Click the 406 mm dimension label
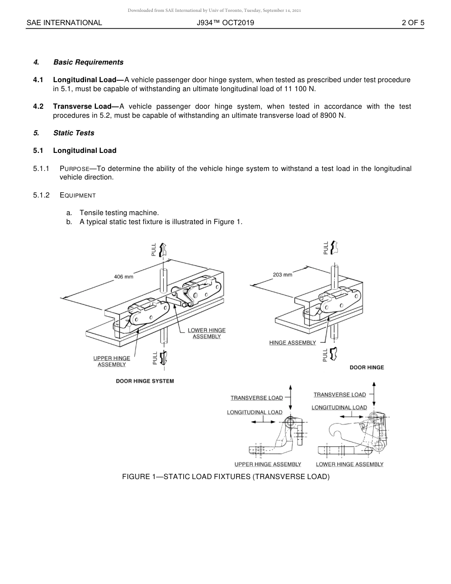pyautogui.click(x=123, y=277)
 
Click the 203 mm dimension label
pyautogui.click(x=282, y=274)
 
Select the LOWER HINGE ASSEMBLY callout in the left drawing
pyautogui.click(x=207, y=333)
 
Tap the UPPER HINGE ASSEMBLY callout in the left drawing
pyautogui.click(x=112, y=361)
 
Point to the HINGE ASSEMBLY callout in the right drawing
pyautogui.click(x=292, y=343)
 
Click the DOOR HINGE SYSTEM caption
pyautogui.click(x=145, y=381)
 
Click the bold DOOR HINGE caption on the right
pyautogui.click(x=366, y=367)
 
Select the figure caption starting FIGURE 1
pyautogui.click(x=225, y=477)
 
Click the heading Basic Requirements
pyautogui.click(x=88, y=62)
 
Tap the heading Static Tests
pyautogui.click(x=74, y=133)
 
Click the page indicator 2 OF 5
pyautogui.click(x=413, y=22)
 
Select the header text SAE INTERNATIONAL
pyautogui.click(x=64, y=22)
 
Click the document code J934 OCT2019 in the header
pyautogui.click(x=225, y=22)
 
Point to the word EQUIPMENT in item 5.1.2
pyautogui.click(x=78, y=195)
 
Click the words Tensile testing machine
pyautogui.click(x=119, y=213)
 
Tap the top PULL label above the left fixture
pyautogui.click(x=154, y=249)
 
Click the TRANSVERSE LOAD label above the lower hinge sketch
pyautogui.click(x=339, y=395)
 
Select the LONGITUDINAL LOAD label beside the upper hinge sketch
pyautogui.click(x=254, y=412)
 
